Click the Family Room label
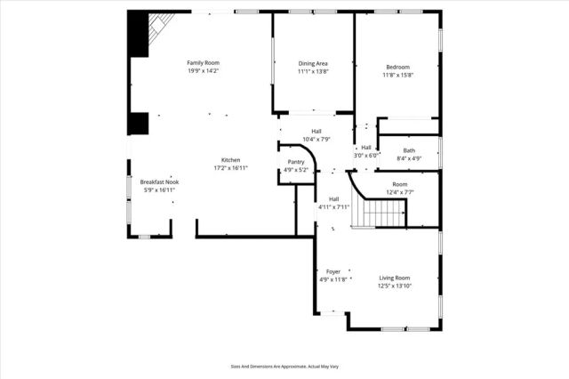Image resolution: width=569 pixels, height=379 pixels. point(203,62)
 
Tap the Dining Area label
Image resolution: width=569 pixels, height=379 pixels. point(313,63)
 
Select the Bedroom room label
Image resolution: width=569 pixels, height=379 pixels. point(397,68)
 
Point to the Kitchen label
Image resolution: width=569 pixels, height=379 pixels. point(230,160)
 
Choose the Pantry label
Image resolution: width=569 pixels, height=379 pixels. point(295,163)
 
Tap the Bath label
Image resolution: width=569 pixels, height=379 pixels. point(409,150)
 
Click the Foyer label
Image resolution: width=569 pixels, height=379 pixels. point(333,271)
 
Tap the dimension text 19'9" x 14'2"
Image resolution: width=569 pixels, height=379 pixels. point(203,70)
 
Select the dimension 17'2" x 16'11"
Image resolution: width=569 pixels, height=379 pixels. point(230,168)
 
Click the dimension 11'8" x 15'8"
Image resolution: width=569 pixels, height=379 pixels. point(397,76)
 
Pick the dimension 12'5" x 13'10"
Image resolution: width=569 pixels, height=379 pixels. point(395,286)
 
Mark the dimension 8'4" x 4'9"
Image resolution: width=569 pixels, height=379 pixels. point(409,158)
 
